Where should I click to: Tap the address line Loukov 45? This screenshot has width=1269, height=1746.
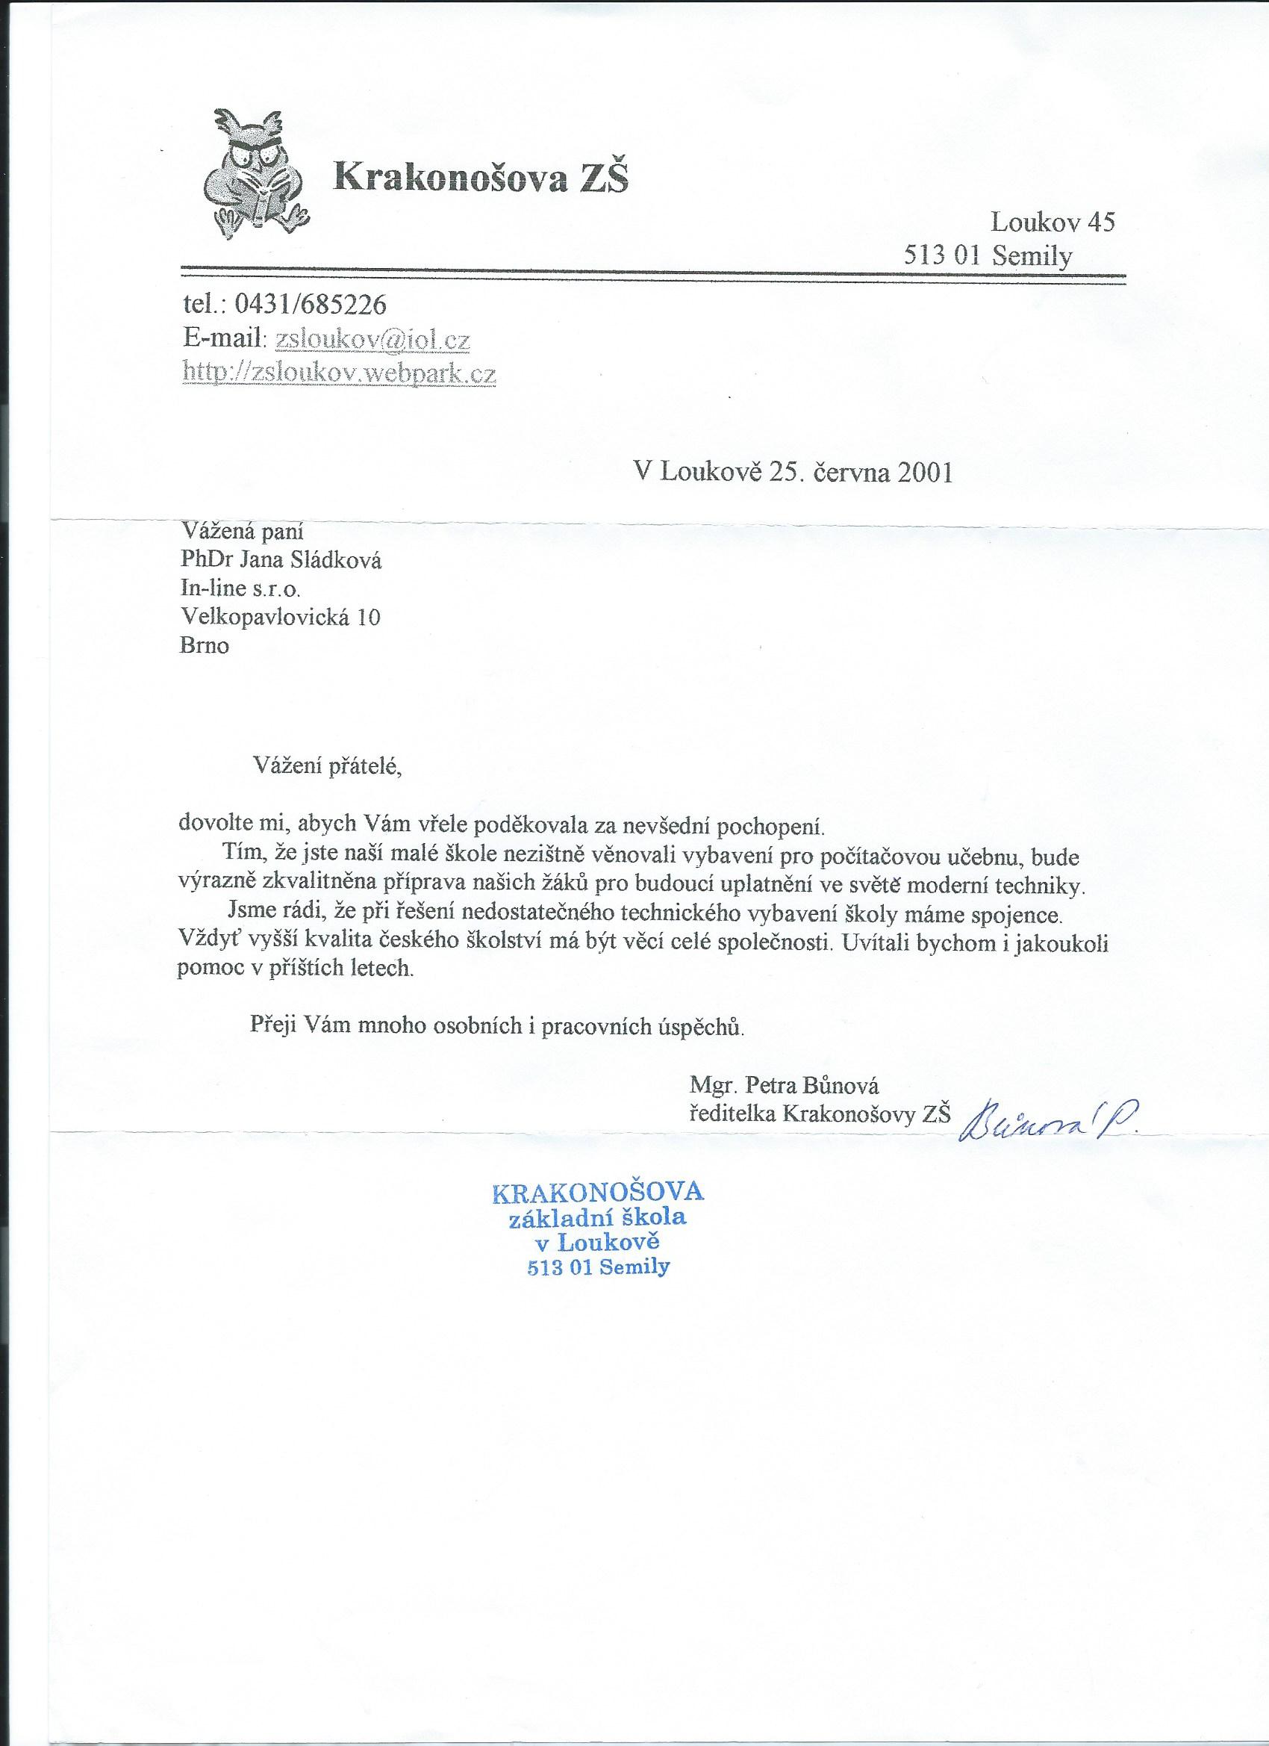(1052, 223)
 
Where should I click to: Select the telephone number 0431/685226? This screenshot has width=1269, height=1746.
(310, 305)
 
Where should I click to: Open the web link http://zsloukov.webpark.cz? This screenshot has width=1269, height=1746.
(339, 373)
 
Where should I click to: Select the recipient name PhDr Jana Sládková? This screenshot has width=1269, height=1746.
(280, 559)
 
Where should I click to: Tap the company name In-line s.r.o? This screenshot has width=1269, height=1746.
(241, 588)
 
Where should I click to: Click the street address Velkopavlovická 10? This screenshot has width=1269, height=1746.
(280, 617)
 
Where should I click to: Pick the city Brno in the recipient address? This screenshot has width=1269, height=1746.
(204, 645)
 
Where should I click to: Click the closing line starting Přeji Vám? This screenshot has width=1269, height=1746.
(498, 1026)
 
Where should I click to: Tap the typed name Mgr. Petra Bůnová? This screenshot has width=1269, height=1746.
(785, 1086)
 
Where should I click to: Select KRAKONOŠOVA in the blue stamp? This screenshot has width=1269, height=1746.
(597, 1193)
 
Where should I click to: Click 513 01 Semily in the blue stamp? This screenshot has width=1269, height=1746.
(598, 1267)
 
